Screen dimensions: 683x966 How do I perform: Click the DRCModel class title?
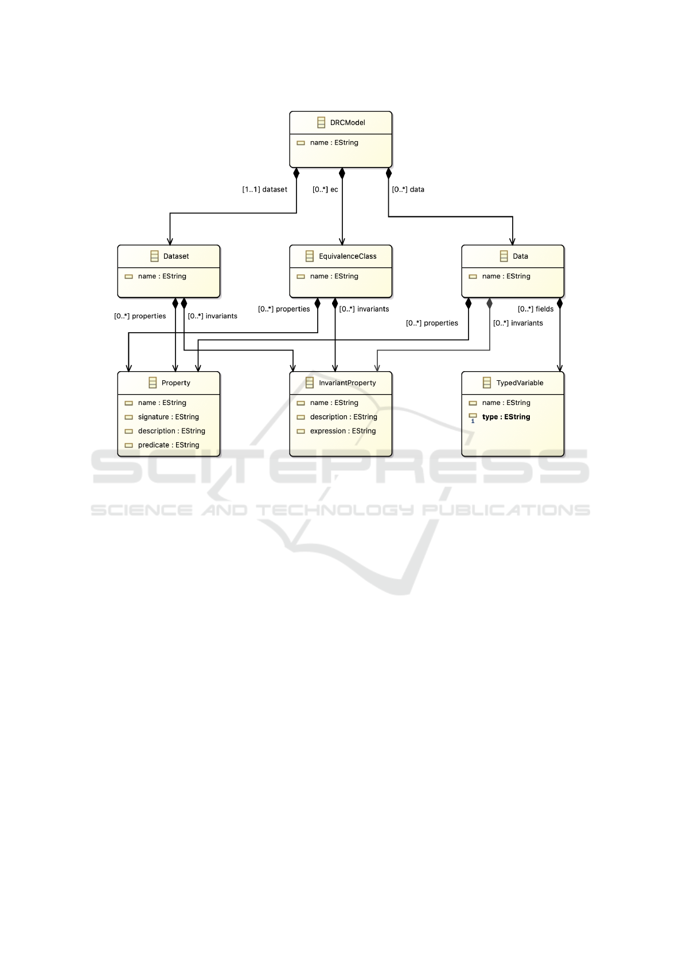348,123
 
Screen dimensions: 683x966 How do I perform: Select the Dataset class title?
176,256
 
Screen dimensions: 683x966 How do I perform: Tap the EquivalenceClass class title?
348,256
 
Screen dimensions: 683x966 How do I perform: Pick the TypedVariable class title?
520,383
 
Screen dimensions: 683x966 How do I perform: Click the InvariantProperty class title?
347,383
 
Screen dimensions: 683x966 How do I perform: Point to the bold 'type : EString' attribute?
506,417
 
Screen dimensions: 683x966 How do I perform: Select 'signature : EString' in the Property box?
169,417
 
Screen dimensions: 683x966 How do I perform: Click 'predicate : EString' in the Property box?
169,445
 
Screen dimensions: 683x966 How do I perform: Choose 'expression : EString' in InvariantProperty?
343,431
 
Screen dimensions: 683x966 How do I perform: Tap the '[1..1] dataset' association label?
265,189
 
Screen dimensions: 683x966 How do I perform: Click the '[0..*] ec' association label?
325,189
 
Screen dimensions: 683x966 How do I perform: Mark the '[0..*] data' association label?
408,189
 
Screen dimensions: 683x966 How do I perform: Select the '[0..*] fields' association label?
536,309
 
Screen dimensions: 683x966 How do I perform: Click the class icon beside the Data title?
504,256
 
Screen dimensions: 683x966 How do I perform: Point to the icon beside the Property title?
153,383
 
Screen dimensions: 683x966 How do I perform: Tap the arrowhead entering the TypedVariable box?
560,368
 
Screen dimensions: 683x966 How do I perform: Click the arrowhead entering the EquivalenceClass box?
342,241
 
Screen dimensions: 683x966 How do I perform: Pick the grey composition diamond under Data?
489,303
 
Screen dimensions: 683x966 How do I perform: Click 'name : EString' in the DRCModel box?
334,143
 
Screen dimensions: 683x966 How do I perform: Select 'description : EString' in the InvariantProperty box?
344,417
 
